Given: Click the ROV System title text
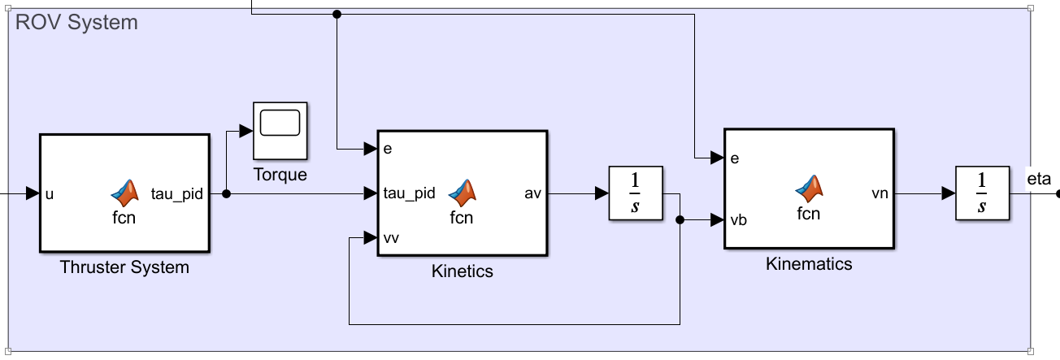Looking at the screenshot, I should click(76, 23).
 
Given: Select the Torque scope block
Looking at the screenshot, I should click(280, 130).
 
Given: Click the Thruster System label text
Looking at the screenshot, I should click(124, 267).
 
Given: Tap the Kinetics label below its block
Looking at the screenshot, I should click(462, 271).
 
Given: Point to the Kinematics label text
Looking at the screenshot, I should click(809, 264).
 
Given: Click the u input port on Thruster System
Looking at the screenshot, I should click(50, 194).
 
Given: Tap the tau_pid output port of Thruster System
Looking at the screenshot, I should click(176, 194).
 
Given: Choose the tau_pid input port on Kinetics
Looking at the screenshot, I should click(409, 193).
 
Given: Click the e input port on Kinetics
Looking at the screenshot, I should click(389, 149).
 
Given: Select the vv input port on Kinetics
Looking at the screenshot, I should click(391, 238).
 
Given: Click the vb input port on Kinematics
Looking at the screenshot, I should click(738, 219).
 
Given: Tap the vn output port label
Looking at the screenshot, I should click(879, 193).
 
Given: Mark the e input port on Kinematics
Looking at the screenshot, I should click(735, 158).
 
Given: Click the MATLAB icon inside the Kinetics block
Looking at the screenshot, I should click(462, 192).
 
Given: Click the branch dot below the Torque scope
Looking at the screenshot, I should click(227, 194).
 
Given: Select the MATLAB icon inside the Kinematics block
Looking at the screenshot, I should click(808, 189).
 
